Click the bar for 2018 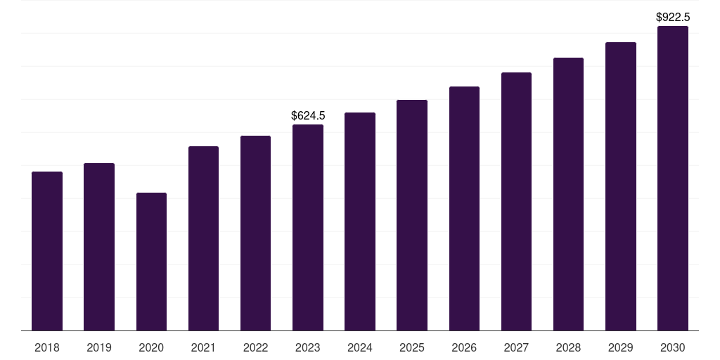pyautogui.click(x=47, y=251)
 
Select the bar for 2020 pyautogui.click(x=151, y=262)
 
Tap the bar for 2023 pyautogui.click(x=308, y=227)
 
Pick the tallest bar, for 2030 pyautogui.click(x=673, y=179)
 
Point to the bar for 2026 pyautogui.click(x=464, y=208)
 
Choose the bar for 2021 pyautogui.click(x=203, y=238)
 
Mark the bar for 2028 pyautogui.click(x=568, y=194)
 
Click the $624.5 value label pyautogui.click(x=308, y=115)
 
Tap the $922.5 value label pyautogui.click(x=673, y=17)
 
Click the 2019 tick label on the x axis pyautogui.click(x=99, y=347)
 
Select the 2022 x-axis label pyautogui.click(x=255, y=347)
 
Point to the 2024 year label pyautogui.click(x=360, y=347)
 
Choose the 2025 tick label pyautogui.click(x=412, y=347)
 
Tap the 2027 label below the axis pyautogui.click(x=516, y=347)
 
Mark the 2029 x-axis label pyautogui.click(x=621, y=347)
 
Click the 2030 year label pyautogui.click(x=673, y=347)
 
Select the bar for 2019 pyautogui.click(x=99, y=247)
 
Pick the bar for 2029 pyautogui.click(x=621, y=186)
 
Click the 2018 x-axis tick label pyautogui.click(x=47, y=347)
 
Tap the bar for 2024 pyautogui.click(x=360, y=221)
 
